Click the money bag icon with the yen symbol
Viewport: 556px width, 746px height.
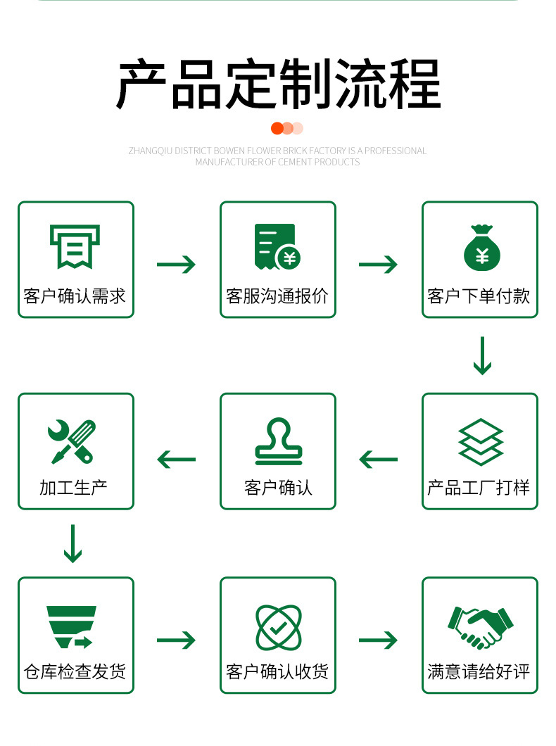pyautogui.click(x=481, y=248)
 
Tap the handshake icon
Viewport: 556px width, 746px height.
pyautogui.click(x=481, y=626)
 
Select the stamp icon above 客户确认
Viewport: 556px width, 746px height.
pyautogui.click(x=278, y=441)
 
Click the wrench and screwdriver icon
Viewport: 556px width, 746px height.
pyautogui.click(x=73, y=441)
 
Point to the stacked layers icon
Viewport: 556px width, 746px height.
pyautogui.click(x=481, y=442)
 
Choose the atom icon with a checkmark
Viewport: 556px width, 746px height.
pyautogui.click(x=278, y=626)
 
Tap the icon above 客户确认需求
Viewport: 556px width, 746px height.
pyautogui.click(x=75, y=246)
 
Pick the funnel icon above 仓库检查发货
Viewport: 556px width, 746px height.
pyautogui.click(x=71, y=626)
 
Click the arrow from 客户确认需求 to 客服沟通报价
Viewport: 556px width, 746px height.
pyautogui.click(x=176, y=265)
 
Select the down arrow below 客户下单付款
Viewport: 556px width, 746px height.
pyautogui.click(x=481, y=356)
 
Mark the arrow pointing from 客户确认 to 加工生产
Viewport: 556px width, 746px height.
pyautogui.click(x=176, y=460)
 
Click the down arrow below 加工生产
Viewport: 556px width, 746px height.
pyautogui.click(x=72, y=543)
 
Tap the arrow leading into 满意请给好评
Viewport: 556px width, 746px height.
pyautogui.click(x=378, y=640)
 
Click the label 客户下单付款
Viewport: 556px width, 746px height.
pyautogui.click(x=479, y=296)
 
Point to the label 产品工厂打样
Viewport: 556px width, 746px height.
pyautogui.click(x=479, y=488)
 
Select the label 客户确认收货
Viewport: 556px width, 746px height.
pyautogui.click(x=277, y=671)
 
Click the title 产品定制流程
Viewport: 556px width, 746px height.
pyautogui.click(x=278, y=85)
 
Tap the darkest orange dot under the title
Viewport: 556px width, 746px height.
pyautogui.click(x=277, y=128)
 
